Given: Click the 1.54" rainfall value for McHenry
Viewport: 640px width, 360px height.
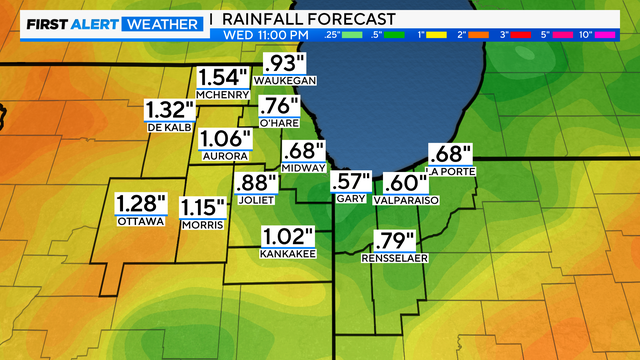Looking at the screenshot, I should click(x=221, y=77).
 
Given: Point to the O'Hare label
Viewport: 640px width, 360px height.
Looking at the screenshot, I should click(x=279, y=122).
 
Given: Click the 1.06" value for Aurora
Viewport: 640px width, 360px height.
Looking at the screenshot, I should click(x=223, y=139).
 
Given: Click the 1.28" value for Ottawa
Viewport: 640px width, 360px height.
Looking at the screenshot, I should click(x=140, y=203).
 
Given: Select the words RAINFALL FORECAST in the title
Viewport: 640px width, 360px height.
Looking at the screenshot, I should click(x=309, y=19).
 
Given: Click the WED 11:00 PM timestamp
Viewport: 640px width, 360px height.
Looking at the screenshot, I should click(x=260, y=35).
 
